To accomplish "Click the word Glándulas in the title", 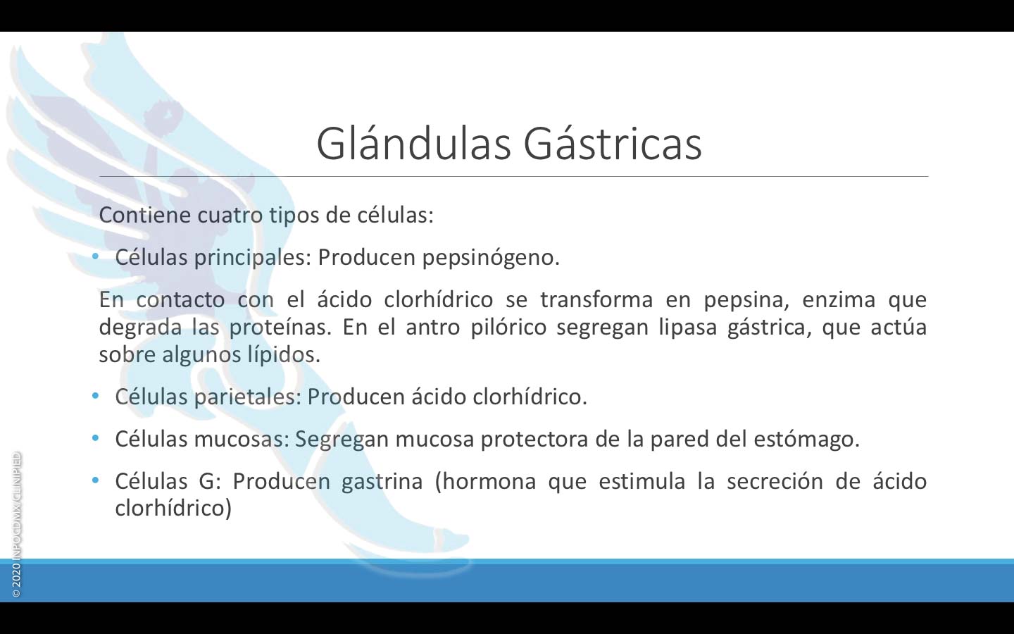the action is point(413,143).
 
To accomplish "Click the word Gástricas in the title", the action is point(613,143).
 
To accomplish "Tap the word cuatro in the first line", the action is point(230,215).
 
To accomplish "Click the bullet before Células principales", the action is point(95,256).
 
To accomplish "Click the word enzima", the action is point(839,300).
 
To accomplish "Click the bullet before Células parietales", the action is point(95,396).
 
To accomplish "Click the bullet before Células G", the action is point(95,480).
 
